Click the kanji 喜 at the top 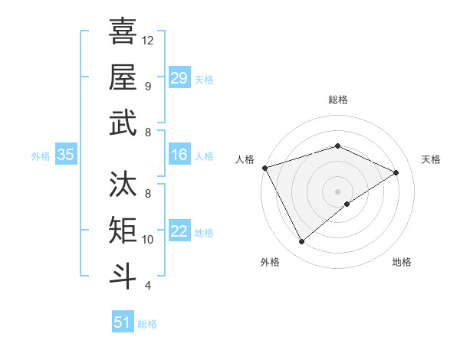123,31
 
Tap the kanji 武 123,123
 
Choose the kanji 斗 123,276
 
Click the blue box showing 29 179,78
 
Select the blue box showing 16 179,155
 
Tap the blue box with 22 179,231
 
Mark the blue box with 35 66,155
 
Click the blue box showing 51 123,322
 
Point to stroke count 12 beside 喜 149,40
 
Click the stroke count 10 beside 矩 149,240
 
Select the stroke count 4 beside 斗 147,286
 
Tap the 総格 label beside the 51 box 147,324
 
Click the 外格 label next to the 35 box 41,156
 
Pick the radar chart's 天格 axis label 431,159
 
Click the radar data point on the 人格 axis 264,168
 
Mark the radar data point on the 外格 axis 301,242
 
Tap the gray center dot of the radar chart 337,191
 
